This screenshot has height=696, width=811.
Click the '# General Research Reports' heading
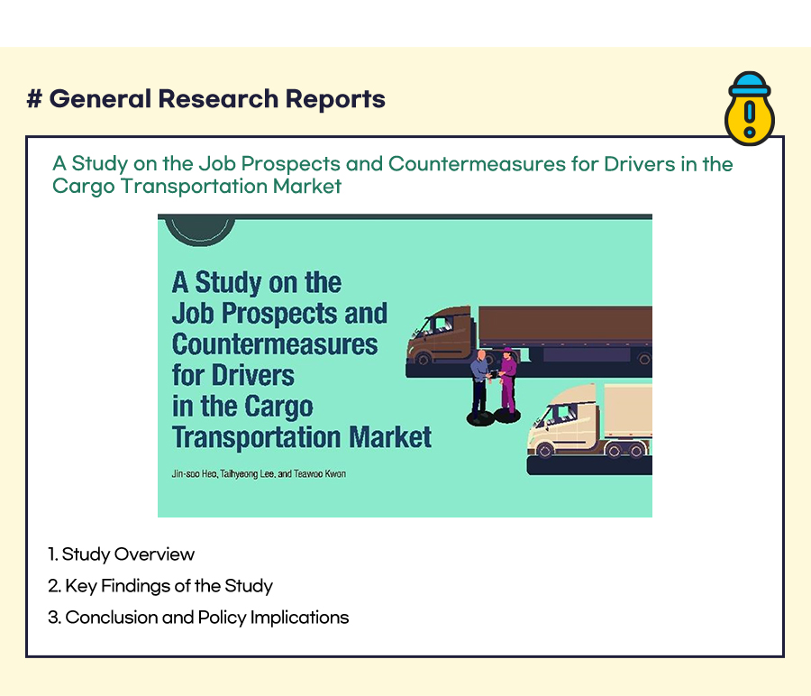click(205, 98)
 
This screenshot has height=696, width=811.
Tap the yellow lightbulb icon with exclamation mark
click(750, 109)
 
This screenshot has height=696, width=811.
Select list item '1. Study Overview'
click(121, 554)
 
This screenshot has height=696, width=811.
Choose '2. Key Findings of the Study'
click(159, 586)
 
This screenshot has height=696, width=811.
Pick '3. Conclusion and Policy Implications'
click(198, 618)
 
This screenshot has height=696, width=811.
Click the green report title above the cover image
click(393, 174)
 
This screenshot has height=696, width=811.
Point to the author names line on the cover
click(259, 473)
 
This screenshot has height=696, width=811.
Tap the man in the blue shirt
click(479, 387)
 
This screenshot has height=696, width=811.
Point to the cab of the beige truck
click(565, 420)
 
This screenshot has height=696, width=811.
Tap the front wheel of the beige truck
click(544, 451)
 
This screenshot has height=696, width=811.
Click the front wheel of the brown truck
click(424, 358)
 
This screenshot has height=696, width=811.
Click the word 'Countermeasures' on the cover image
click(275, 344)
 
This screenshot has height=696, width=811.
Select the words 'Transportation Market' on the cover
click(302, 437)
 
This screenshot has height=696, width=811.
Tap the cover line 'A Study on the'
click(257, 282)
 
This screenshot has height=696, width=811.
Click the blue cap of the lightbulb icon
click(750, 84)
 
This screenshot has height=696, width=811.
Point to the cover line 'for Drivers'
click(232, 375)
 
